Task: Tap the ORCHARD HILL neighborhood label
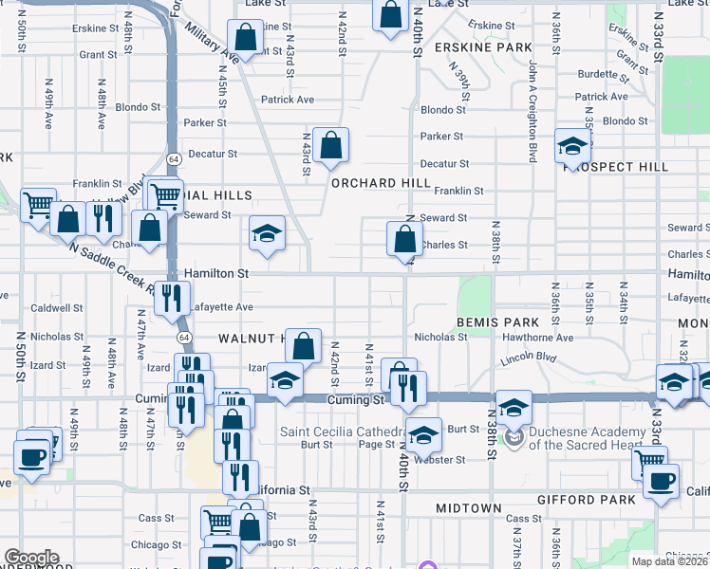point(370,183)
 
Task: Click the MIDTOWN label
point(468,508)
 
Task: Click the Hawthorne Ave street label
point(537,337)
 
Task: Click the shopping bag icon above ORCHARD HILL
point(331,146)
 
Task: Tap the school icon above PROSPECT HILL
point(573,146)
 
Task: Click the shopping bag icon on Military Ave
point(245,39)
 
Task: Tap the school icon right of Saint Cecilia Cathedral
point(424,434)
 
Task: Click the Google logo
point(31,558)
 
